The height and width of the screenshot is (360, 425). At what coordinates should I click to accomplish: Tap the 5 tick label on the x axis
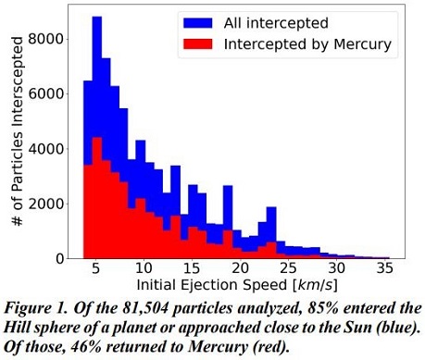pyautogui.click(x=97, y=270)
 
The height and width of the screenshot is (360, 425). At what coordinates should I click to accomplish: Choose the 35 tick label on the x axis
pyautogui.click(x=384, y=270)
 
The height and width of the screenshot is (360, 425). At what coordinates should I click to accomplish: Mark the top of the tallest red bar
pyautogui.click(x=96, y=138)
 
